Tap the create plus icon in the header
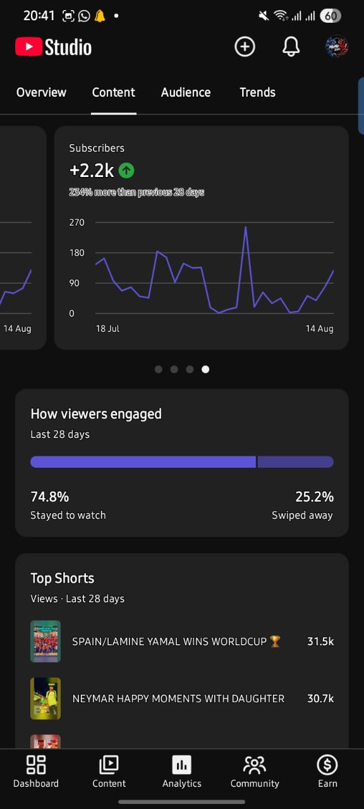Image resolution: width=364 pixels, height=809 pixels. coord(245,47)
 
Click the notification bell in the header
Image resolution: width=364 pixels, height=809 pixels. coord(291,47)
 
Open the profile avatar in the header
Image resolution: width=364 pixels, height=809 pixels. coord(337,47)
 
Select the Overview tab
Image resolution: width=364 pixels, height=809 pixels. coord(41,92)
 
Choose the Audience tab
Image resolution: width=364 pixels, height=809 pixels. coord(186,92)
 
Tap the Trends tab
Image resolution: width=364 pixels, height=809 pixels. coord(257,92)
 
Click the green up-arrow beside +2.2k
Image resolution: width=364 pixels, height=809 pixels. coord(126,170)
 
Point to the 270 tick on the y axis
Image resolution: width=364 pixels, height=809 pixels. coord(76,222)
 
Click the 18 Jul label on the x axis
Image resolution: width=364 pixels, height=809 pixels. coord(107,329)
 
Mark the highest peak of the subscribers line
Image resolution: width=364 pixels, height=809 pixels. coord(246,227)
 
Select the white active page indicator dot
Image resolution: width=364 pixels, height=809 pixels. coord(205,369)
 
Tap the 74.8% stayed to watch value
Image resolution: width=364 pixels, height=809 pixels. coord(50,497)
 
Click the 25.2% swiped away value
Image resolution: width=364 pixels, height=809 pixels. coord(315,497)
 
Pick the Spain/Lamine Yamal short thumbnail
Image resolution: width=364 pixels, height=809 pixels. coord(45,642)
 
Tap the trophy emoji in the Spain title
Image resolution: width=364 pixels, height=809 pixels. coord(275,642)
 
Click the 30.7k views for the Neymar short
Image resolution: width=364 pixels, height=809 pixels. coord(320,698)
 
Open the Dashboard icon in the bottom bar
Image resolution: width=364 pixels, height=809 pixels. coord(36,765)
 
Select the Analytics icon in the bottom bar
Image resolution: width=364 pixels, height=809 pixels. coord(181,765)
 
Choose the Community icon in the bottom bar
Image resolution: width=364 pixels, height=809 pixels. coord(255,765)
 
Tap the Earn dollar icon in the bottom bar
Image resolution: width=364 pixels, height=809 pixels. coord(327,765)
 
